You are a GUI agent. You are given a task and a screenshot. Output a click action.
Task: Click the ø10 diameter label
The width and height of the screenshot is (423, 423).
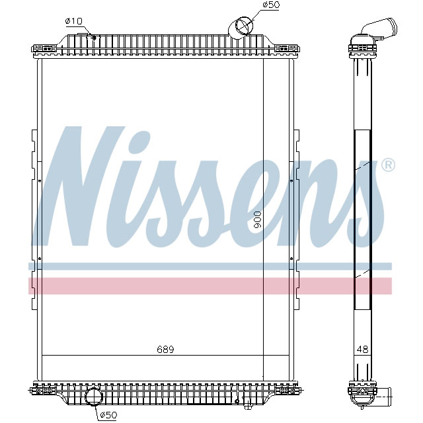pyautogui.click(x=73, y=21)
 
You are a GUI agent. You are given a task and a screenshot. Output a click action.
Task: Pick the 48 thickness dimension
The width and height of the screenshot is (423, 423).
pyautogui.click(x=362, y=349)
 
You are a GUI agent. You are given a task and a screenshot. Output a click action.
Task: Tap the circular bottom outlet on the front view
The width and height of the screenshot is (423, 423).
pyautogui.click(x=94, y=397)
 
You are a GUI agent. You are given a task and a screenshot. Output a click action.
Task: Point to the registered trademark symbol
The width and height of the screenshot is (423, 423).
pyautogui.click(x=389, y=165)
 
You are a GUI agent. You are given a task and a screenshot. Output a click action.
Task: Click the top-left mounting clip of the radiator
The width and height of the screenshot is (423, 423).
pyautogui.click(x=44, y=48)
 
